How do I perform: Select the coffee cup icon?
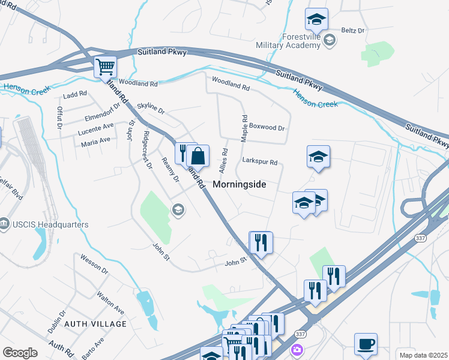(x=366, y=344)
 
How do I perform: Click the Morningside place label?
(x=239, y=185)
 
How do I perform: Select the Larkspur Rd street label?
(x=259, y=162)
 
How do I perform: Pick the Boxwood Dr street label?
(x=267, y=127)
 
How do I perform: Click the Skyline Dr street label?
(x=151, y=108)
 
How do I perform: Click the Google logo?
(x=20, y=353)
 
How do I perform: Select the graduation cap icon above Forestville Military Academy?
(x=315, y=20)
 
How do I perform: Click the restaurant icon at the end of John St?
(x=261, y=242)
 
